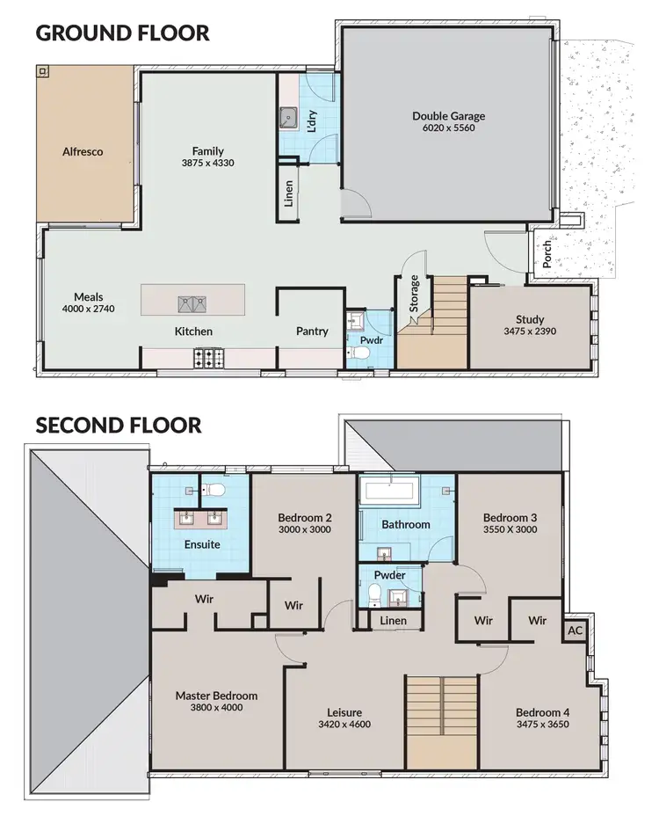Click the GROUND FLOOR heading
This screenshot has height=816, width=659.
point(122,33)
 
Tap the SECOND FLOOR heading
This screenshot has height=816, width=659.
point(119,426)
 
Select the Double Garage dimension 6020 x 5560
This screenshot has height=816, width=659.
point(448,128)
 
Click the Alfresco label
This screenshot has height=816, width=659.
point(83,151)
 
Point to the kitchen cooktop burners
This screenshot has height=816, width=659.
point(209,358)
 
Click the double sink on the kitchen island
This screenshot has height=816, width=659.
point(192,304)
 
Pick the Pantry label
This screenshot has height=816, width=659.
point(312,331)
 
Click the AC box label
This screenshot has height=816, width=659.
point(576,631)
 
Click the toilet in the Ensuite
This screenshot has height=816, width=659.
point(217,488)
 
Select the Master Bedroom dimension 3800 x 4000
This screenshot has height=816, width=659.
point(216,707)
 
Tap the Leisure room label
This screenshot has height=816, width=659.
point(344,712)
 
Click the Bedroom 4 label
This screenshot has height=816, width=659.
point(543,712)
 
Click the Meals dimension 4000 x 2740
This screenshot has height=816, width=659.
point(89,310)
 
